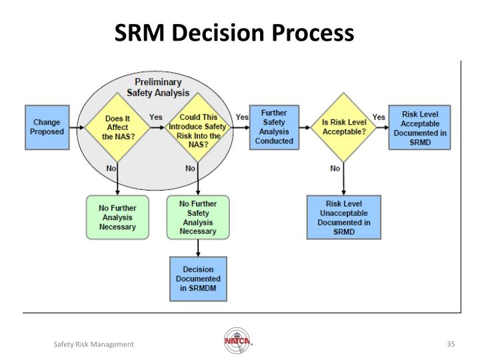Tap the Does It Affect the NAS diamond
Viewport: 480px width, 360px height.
[x=117, y=127]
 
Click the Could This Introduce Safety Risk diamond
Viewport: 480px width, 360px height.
[x=198, y=127]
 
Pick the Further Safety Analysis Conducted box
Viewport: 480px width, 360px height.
[x=274, y=127]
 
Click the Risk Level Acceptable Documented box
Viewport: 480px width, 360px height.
[x=419, y=127]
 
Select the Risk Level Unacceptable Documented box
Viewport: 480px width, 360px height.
[x=343, y=217]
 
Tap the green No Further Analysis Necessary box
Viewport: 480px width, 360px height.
[x=117, y=217]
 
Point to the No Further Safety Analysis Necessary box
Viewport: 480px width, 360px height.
[x=198, y=217]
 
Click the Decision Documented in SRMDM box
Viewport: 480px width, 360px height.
[x=198, y=278]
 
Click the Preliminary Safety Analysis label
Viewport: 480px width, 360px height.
[x=158, y=87]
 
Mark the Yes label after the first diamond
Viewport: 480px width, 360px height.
[x=155, y=117]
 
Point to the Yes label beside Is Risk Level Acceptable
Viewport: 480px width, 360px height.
[x=379, y=117]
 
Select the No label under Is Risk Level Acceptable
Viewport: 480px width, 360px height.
[x=335, y=169]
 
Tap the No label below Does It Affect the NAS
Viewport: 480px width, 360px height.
[x=111, y=169]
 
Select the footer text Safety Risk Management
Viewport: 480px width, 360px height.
[x=93, y=343]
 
